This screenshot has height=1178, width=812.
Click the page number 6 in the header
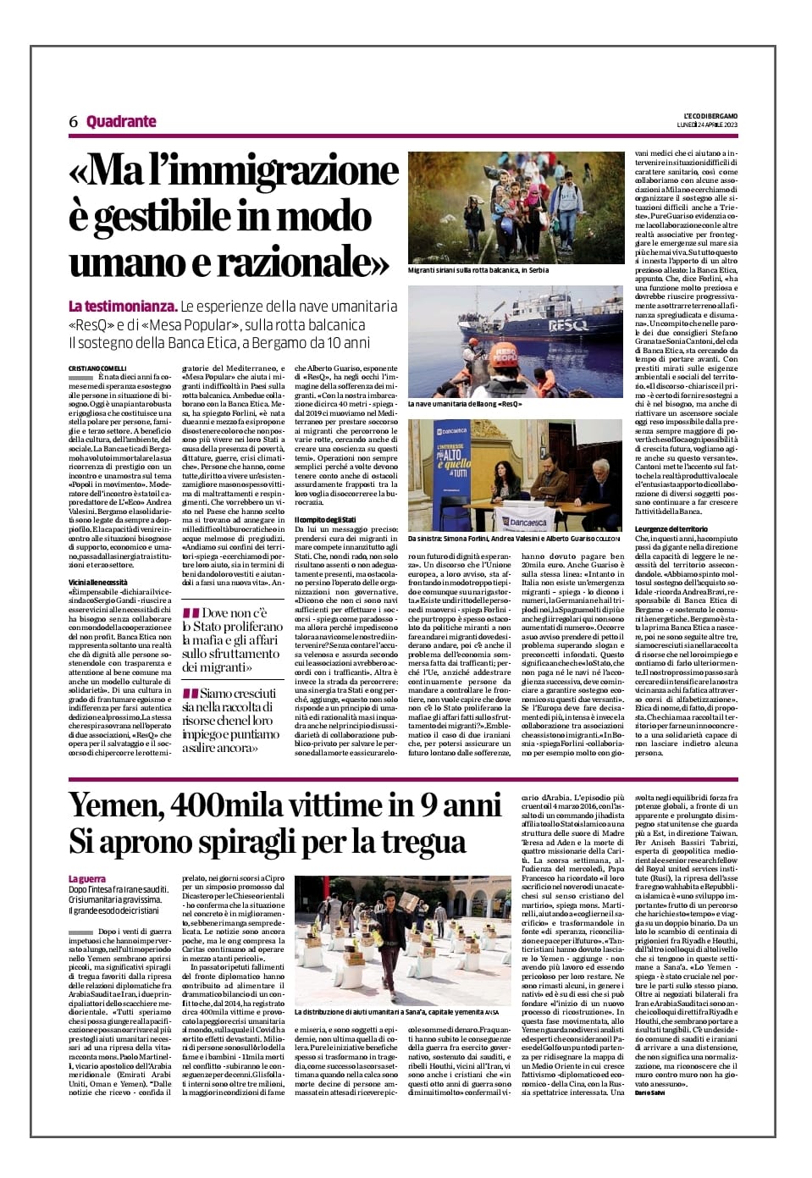74,122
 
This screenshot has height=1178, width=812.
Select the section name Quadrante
121,121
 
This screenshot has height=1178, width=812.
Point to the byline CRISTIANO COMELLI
97,368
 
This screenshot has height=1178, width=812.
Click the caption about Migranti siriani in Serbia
478,270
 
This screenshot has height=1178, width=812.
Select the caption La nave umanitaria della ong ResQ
464,404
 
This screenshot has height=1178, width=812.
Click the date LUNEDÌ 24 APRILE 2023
708,125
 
